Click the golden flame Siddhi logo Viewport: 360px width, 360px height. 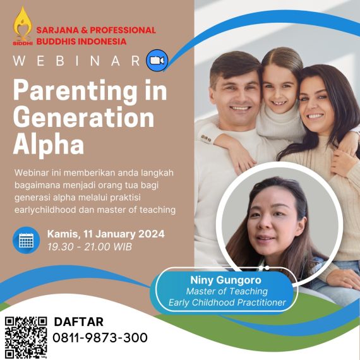23,26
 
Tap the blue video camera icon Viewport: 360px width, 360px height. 157,61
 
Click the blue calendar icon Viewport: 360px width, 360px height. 26,240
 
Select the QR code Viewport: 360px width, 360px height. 26,337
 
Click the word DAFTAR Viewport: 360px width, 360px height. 79,321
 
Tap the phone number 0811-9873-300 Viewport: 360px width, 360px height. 100,338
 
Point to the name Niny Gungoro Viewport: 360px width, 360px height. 225,280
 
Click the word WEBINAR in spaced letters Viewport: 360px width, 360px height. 76,61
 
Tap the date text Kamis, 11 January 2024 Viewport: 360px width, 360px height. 106,234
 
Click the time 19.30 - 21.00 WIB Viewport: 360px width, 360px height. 90,247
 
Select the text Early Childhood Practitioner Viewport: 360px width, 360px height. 227,303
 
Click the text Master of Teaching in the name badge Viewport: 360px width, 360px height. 227,291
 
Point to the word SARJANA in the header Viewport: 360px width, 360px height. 61,30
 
